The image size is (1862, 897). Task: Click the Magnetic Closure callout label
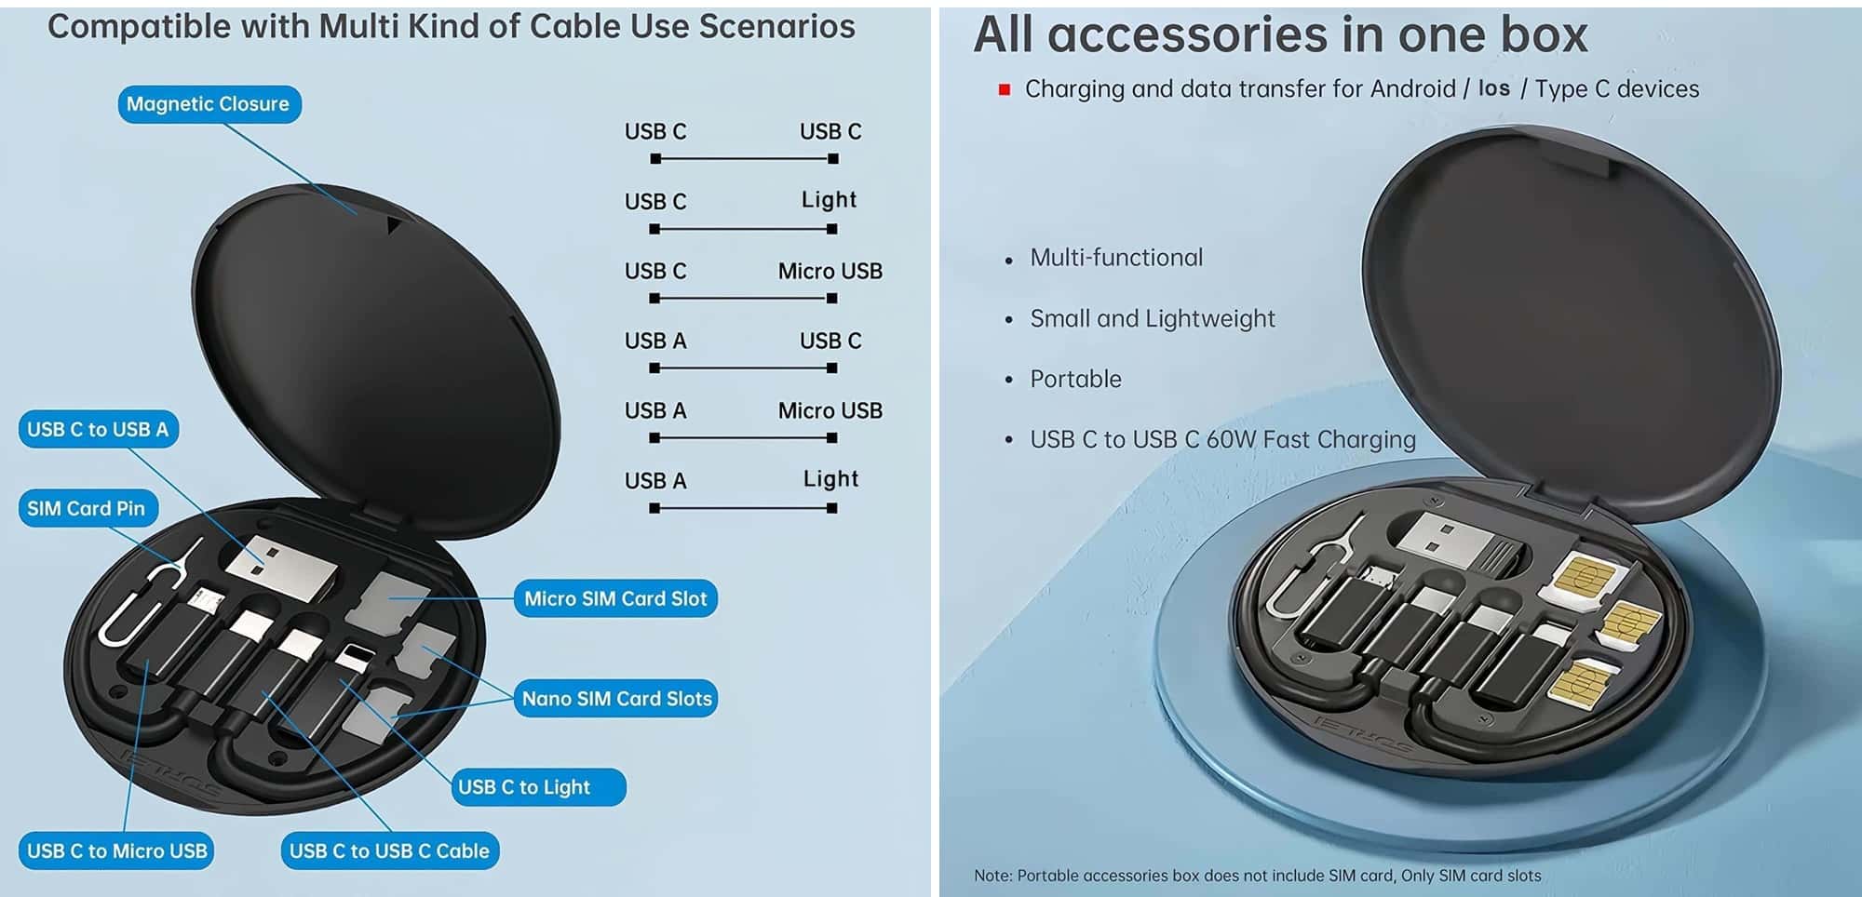click(209, 104)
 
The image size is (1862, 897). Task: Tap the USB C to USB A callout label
click(98, 430)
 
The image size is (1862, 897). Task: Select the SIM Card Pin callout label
click(87, 508)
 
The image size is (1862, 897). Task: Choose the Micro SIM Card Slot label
click(615, 598)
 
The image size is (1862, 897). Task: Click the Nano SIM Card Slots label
click(616, 698)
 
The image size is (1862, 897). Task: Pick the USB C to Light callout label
click(538, 787)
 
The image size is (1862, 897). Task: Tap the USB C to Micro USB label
click(116, 850)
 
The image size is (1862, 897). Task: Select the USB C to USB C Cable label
click(389, 850)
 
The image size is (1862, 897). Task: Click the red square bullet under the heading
click(1005, 90)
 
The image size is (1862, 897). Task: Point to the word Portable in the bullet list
click(1075, 379)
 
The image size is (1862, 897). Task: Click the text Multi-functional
click(1116, 258)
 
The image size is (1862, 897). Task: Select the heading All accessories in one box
click(1280, 35)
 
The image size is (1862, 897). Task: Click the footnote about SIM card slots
click(1257, 876)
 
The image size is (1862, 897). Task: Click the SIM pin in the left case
click(149, 596)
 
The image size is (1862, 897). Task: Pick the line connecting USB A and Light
click(743, 508)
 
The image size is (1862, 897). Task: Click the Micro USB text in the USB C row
click(830, 271)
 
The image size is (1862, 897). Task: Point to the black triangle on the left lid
click(394, 226)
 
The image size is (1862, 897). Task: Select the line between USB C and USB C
click(744, 159)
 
